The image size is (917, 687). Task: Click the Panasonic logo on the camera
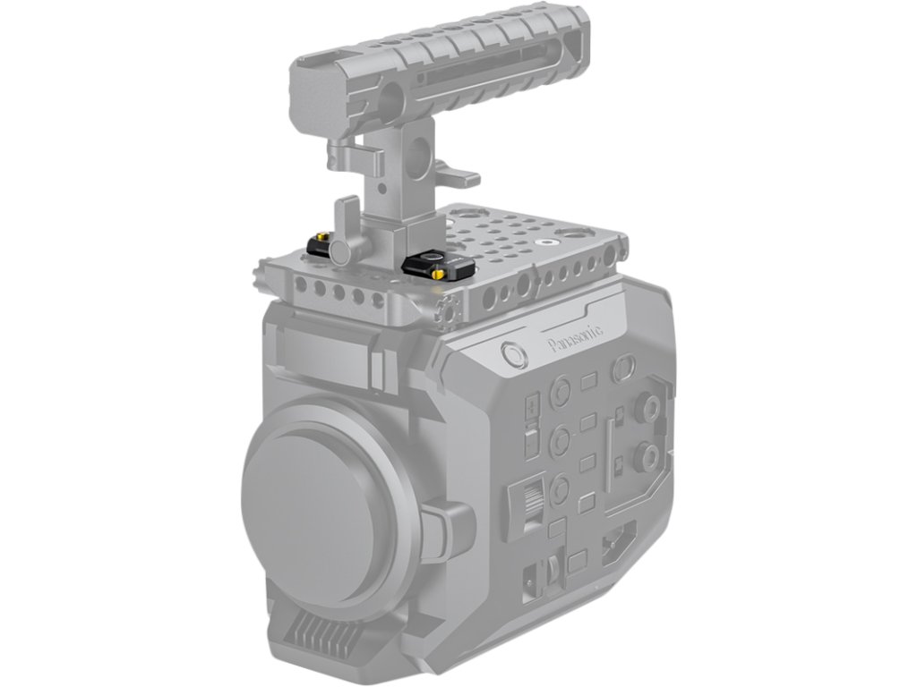pos(575,338)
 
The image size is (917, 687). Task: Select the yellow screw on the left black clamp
pos(321,237)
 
